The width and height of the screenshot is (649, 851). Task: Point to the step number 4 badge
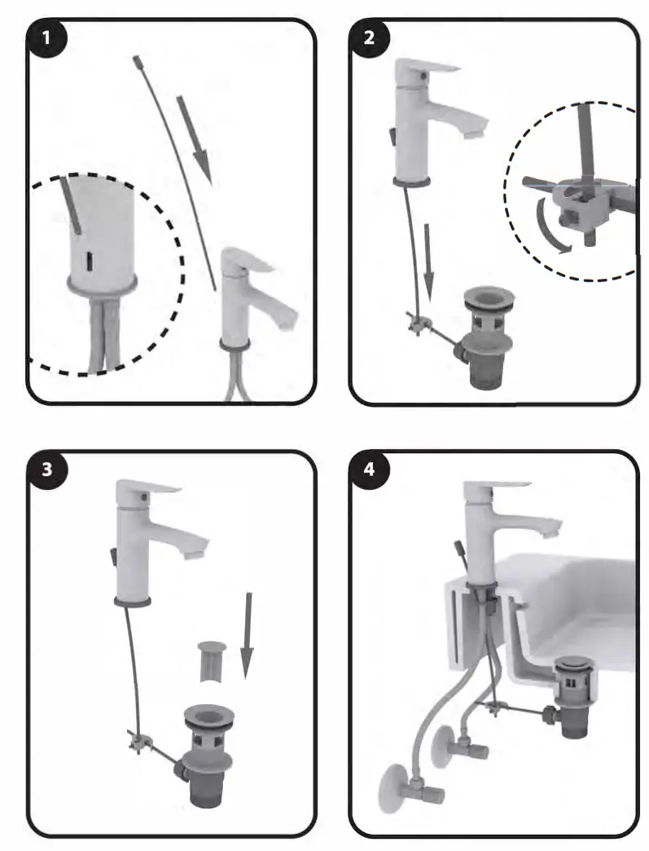click(370, 470)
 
